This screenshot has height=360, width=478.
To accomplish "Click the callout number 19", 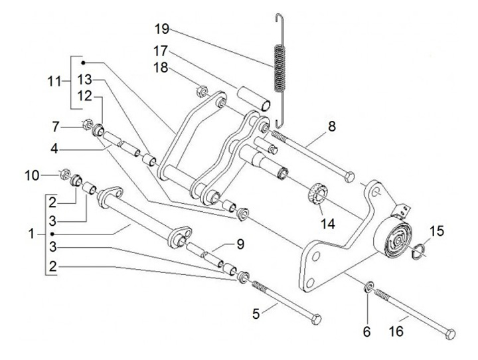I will point(161,29).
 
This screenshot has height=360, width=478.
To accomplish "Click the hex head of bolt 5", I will point(315,318).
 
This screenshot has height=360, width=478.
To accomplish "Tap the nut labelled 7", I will point(86,124).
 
